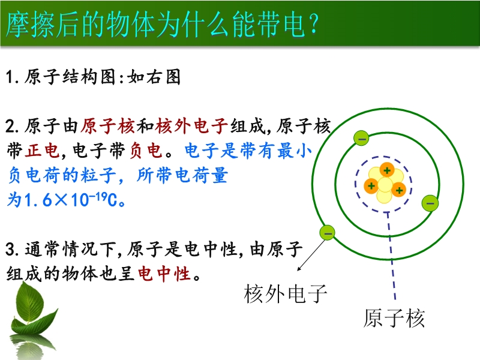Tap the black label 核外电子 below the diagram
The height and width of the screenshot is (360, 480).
pyautogui.click(x=286, y=293)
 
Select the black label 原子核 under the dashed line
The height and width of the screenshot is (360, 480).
pyautogui.click(x=394, y=318)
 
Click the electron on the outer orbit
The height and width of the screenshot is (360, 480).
pyautogui.click(x=327, y=233)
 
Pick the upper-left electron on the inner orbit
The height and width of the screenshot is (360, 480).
pyautogui.click(x=361, y=138)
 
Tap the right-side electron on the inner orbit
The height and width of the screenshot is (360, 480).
pyautogui.click(x=430, y=203)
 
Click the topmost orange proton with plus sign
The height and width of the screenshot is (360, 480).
pyautogui.click(x=387, y=170)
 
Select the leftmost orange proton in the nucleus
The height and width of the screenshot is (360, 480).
pyautogui.click(x=371, y=185)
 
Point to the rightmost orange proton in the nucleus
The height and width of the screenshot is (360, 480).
pyautogui.click(x=398, y=190)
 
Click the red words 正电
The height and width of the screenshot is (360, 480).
pyautogui.click(x=42, y=151)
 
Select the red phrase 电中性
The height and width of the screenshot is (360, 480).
pyautogui.click(x=164, y=273)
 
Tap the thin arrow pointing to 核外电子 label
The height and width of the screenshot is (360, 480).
pyautogui.click(x=311, y=254)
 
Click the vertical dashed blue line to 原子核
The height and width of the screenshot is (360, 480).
pyautogui.click(x=391, y=256)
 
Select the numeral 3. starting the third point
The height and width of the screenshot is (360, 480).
pyautogui.click(x=13, y=249)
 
